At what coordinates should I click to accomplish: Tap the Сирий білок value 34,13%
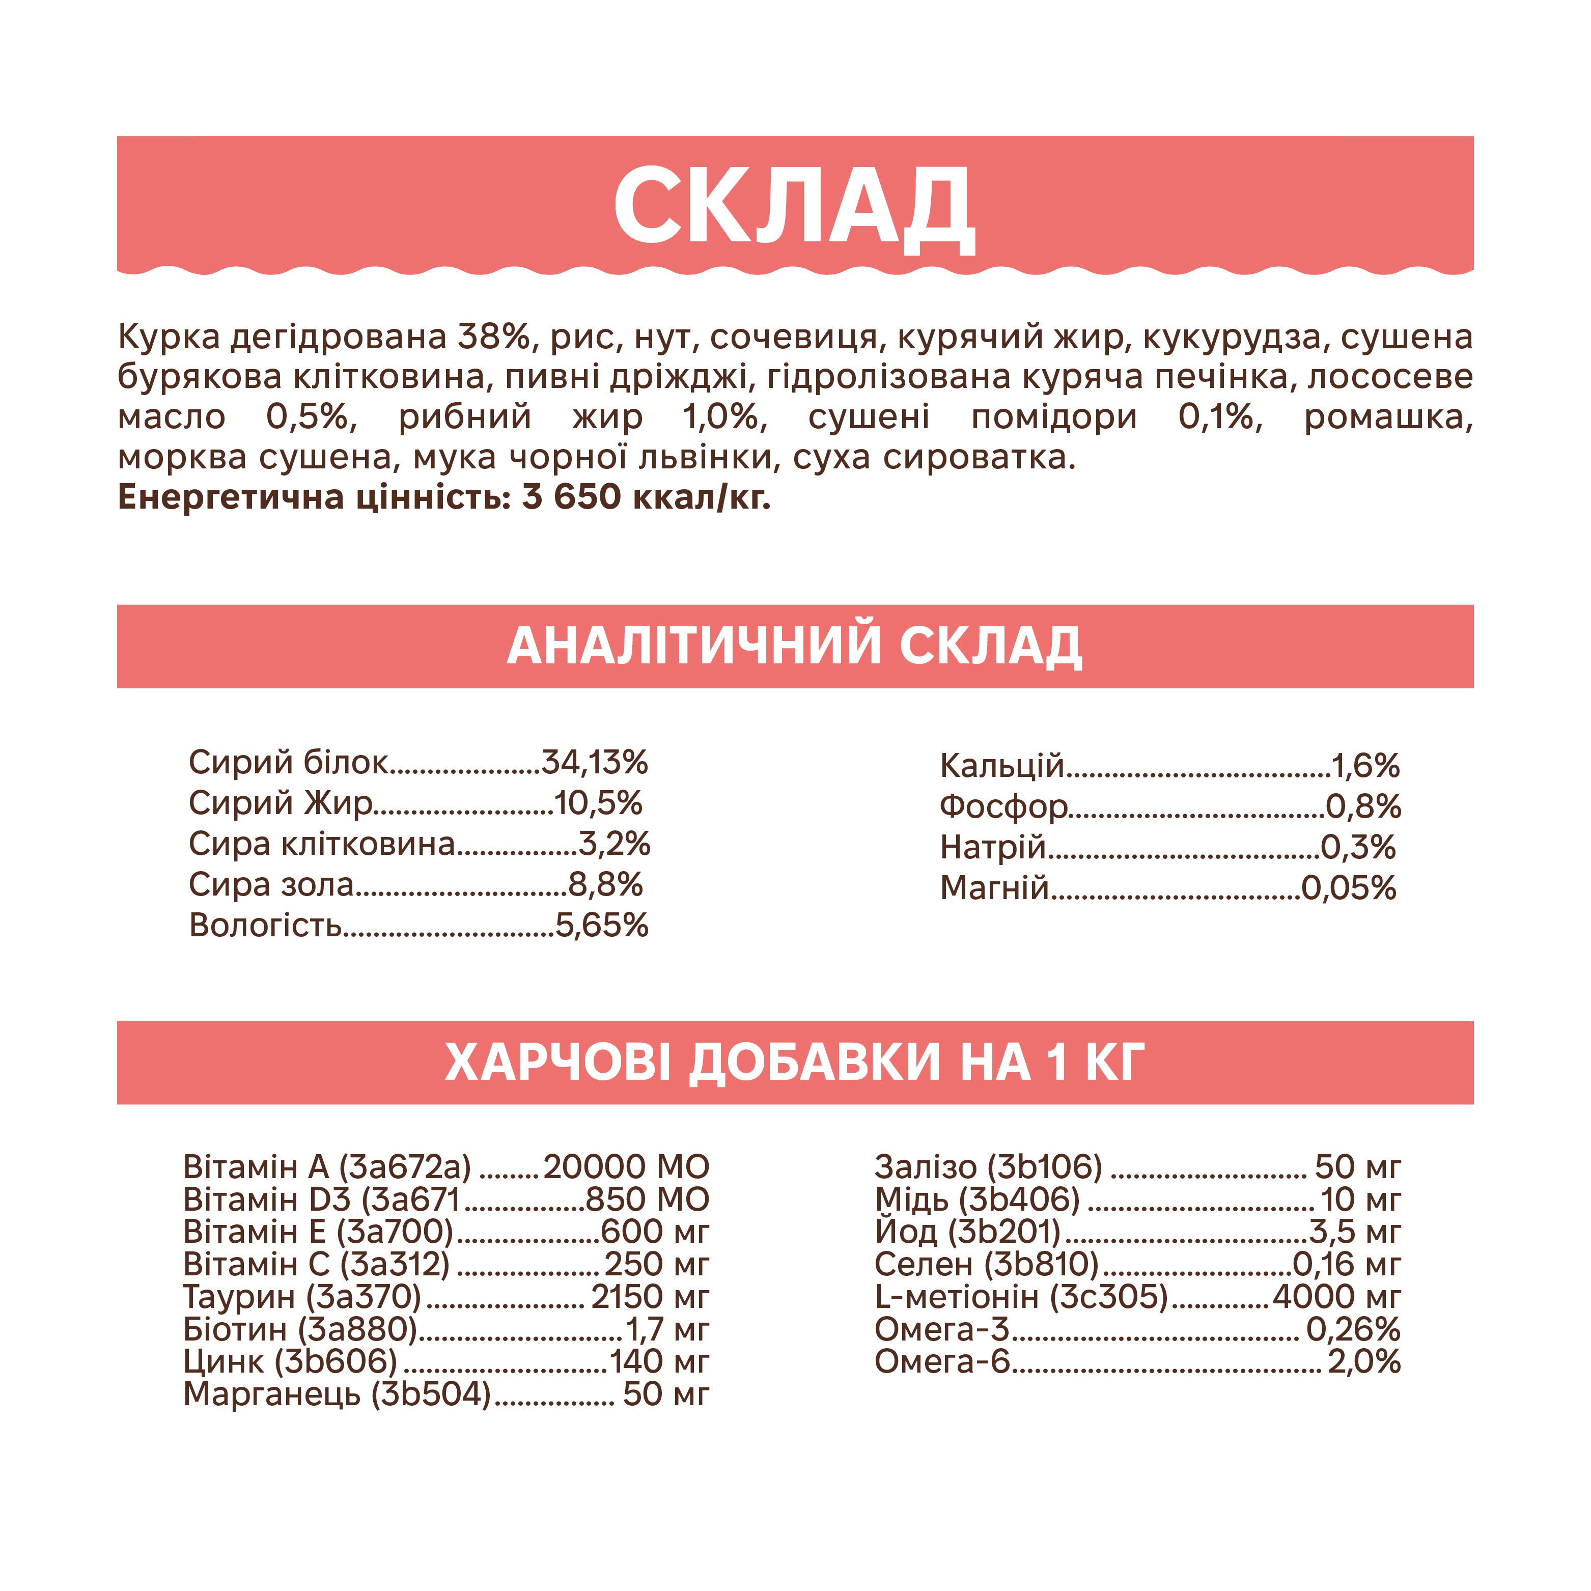point(595,763)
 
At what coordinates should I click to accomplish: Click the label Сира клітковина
point(321,843)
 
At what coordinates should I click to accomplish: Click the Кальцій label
point(1001,766)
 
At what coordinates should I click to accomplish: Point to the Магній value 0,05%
point(1349,888)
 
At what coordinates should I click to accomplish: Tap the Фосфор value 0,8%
point(1363,806)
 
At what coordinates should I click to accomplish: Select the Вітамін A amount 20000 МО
point(626,1167)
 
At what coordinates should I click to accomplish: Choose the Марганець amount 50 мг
point(665,1394)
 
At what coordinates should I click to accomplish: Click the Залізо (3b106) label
point(988,1167)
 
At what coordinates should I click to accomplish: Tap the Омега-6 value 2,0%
point(1364,1362)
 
